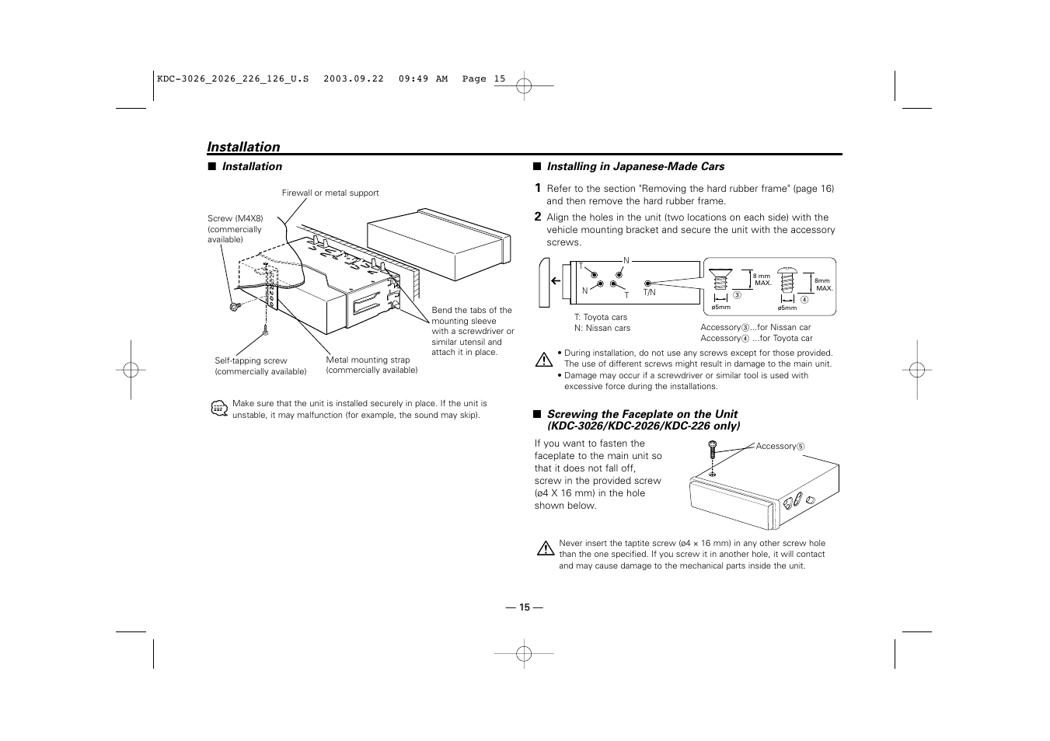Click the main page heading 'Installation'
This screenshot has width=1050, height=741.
point(243,147)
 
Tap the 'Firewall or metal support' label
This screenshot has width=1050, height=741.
point(330,193)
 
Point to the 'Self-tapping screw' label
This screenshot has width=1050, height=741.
point(250,360)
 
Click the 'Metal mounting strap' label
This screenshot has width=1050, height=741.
point(368,360)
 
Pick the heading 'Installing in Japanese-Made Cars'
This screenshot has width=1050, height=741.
point(635,166)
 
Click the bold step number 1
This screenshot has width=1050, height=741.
point(537,188)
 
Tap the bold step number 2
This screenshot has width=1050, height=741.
point(537,217)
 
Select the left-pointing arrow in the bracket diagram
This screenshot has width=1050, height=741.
point(556,281)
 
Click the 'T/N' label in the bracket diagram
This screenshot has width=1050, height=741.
point(649,292)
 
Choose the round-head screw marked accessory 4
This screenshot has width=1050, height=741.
point(787,281)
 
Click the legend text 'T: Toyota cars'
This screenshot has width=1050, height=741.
point(600,317)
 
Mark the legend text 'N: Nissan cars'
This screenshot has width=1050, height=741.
point(602,328)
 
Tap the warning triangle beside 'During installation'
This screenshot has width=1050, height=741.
point(544,360)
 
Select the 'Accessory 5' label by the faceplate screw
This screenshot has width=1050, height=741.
point(780,446)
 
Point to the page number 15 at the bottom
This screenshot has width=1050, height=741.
point(525,607)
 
